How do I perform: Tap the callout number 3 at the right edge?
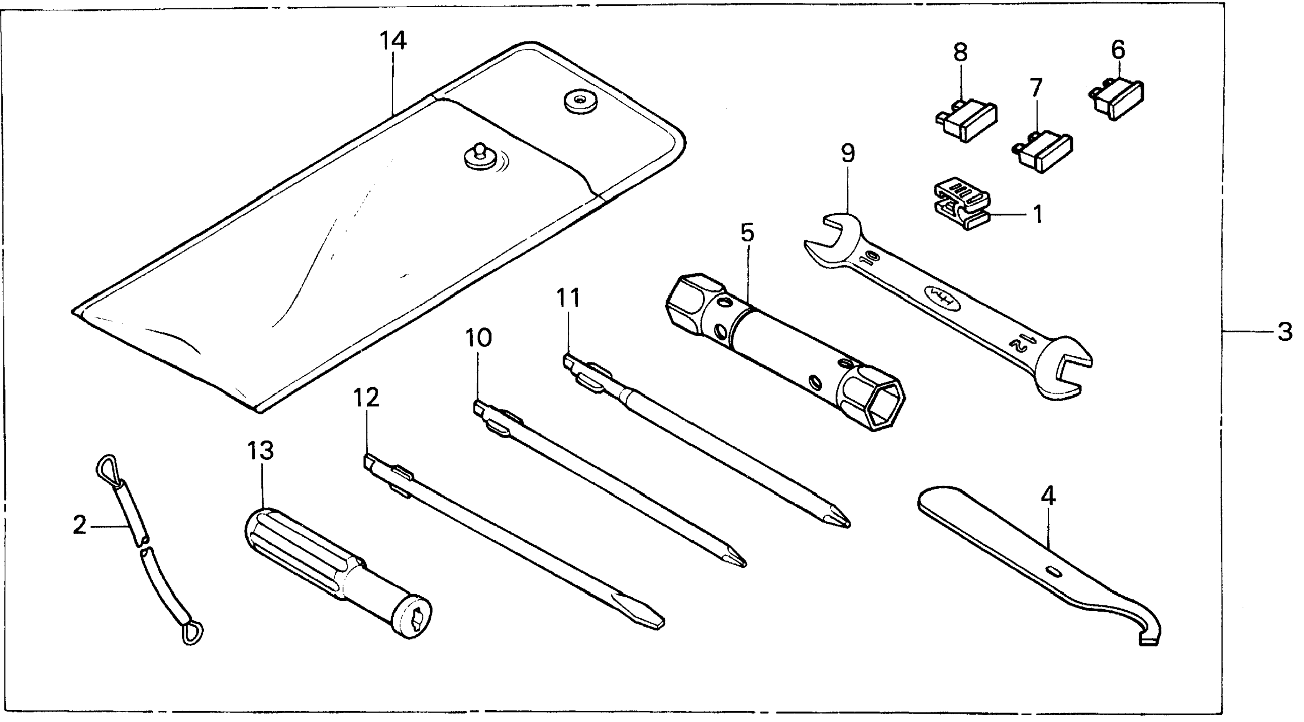pyautogui.click(x=1285, y=332)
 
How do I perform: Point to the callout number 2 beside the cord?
pyautogui.click(x=80, y=526)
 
